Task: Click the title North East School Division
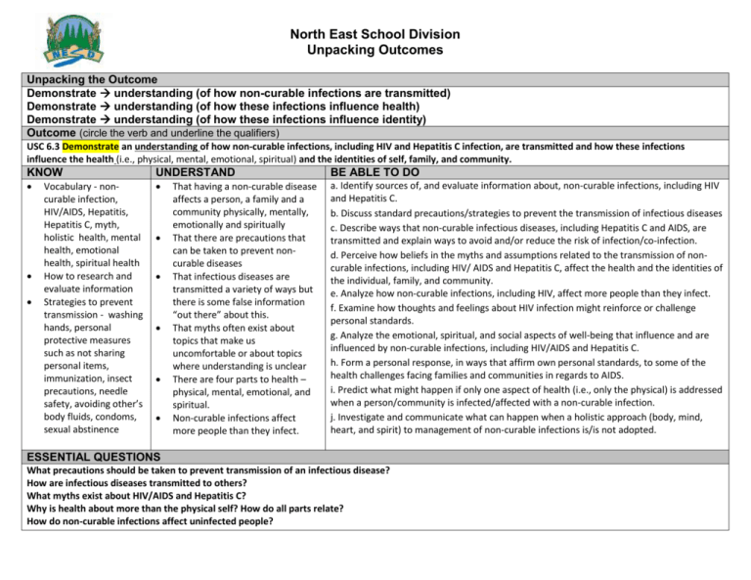coord(374,32)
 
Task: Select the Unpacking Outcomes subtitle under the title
coord(374,49)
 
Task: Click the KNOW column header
coord(50,172)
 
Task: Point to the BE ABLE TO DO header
coord(388,172)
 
